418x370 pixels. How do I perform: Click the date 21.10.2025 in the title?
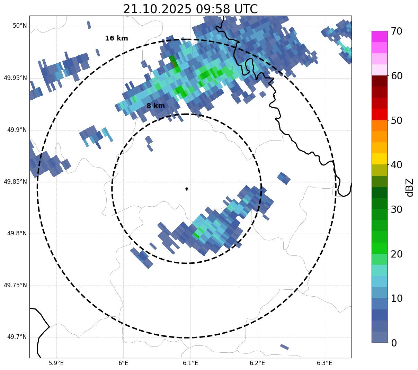click(x=157, y=9)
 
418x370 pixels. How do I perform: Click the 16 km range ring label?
click(x=116, y=38)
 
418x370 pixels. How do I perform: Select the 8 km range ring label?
click(x=155, y=106)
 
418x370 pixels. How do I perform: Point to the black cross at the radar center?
click(x=187, y=189)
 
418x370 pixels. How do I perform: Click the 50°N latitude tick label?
click(x=20, y=26)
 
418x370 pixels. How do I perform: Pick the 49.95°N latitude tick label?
click(x=15, y=78)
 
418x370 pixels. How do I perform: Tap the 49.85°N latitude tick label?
click(x=15, y=182)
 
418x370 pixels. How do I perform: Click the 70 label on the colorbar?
click(x=397, y=31)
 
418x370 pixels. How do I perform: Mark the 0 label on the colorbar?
click(x=394, y=343)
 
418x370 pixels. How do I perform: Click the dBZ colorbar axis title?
click(x=410, y=187)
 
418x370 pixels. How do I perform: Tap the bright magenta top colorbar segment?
click(x=379, y=36)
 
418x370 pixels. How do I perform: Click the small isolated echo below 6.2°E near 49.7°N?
click(x=284, y=347)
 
